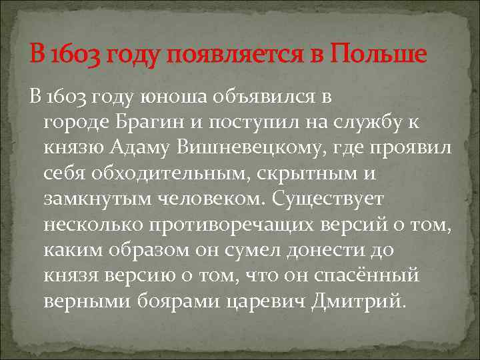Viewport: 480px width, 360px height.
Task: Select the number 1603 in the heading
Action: pyautogui.click(x=75, y=55)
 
